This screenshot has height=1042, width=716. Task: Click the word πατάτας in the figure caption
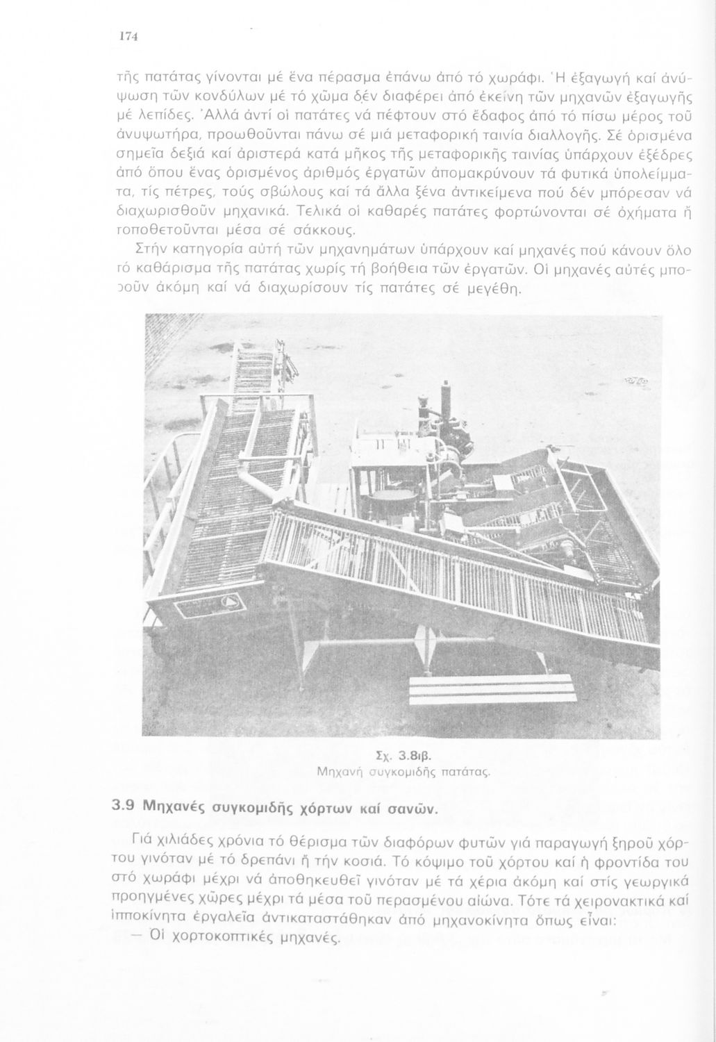(467, 770)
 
